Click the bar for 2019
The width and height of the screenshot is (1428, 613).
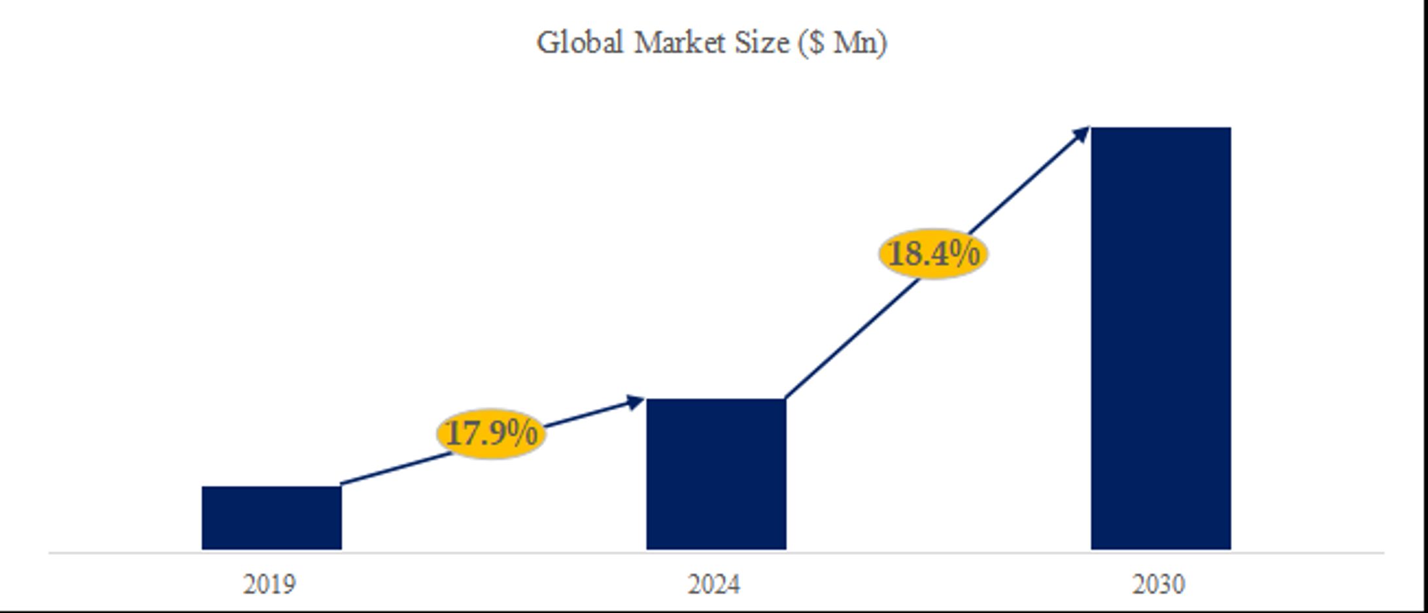(271, 518)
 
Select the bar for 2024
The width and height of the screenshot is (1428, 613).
(716, 474)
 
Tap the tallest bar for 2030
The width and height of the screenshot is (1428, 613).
(1161, 338)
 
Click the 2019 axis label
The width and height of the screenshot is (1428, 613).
(269, 584)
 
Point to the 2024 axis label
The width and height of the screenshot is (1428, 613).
(713, 584)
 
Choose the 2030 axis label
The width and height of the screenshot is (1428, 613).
(1158, 584)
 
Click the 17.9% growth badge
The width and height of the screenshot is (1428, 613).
(490, 433)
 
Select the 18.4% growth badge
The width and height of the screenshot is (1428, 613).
(933, 254)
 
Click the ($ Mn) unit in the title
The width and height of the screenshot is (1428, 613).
(843, 43)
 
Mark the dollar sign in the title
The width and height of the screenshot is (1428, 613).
(816, 43)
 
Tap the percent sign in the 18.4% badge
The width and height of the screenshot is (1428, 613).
(966, 254)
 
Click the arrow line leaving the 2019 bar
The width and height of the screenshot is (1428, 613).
(392, 469)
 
